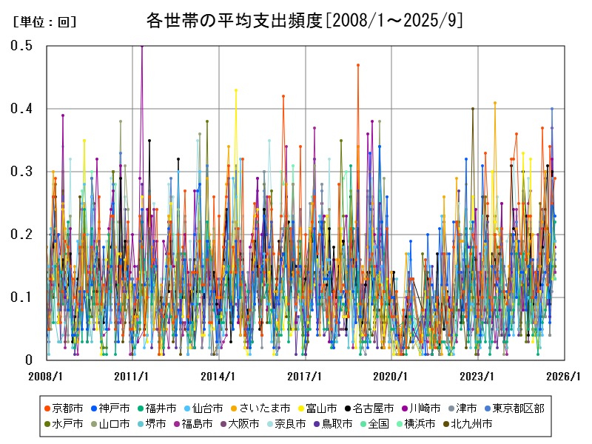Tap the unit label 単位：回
click(x=44, y=22)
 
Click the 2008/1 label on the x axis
click(x=46, y=376)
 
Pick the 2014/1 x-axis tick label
click(x=219, y=376)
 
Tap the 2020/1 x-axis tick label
click(x=391, y=376)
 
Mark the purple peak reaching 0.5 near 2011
click(x=142, y=46)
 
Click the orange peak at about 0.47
click(x=358, y=65)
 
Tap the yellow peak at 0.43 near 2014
click(x=236, y=90)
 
